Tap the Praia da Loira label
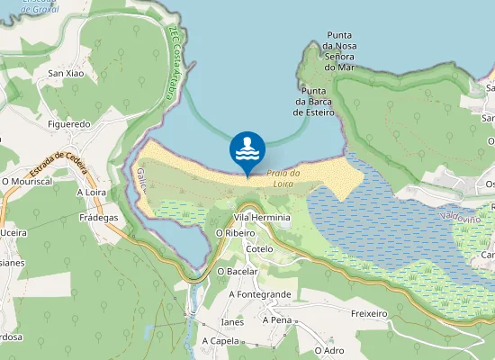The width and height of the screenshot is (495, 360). [x=283, y=178]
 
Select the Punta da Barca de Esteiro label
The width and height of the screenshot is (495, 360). [x=314, y=102]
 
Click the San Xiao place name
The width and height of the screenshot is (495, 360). [x=67, y=73]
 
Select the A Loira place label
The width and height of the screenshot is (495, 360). [x=92, y=192]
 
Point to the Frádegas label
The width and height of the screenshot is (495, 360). [x=98, y=218]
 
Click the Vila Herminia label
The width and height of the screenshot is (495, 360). [x=262, y=218]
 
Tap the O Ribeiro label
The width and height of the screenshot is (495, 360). [x=236, y=232]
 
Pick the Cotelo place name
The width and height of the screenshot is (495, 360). [x=259, y=249]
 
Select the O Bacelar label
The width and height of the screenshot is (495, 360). [x=238, y=271]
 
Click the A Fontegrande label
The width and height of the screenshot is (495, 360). [x=260, y=294]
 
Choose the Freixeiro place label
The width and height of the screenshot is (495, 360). [x=369, y=314]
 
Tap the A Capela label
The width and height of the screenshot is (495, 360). [x=220, y=341]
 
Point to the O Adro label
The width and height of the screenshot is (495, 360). [x=329, y=349]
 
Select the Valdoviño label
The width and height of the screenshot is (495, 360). [x=461, y=218]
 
